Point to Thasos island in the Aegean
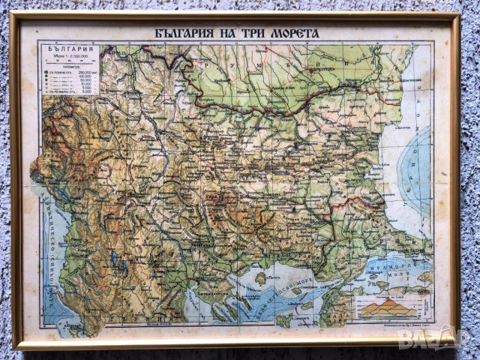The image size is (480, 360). coord(260,278)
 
